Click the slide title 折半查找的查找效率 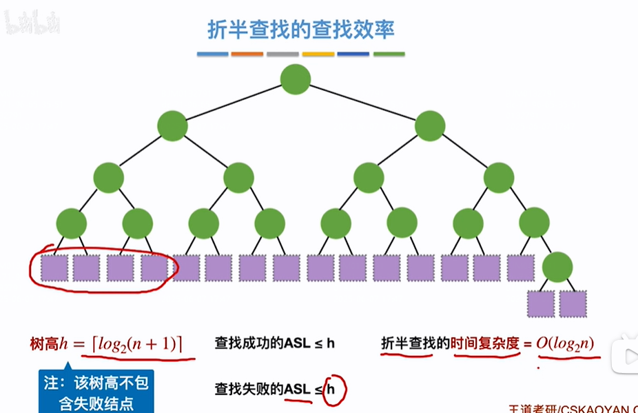pyautogui.click(x=301, y=30)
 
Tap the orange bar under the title pyautogui.click(x=247, y=54)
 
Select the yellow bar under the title pyautogui.click(x=318, y=54)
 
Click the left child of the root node pyautogui.click(x=172, y=126)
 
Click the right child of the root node pyautogui.click(x=431, y=126)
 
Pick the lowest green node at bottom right pyautogui.click(x=557, y=268)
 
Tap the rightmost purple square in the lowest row pyautogui.click(x=573, y=303)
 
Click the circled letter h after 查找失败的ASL pyautogui.click(x=333, y=390)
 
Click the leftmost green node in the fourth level pyautogui.click(x=71, y=223)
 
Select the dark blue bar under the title pyautogui.click(x=353, y=54)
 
